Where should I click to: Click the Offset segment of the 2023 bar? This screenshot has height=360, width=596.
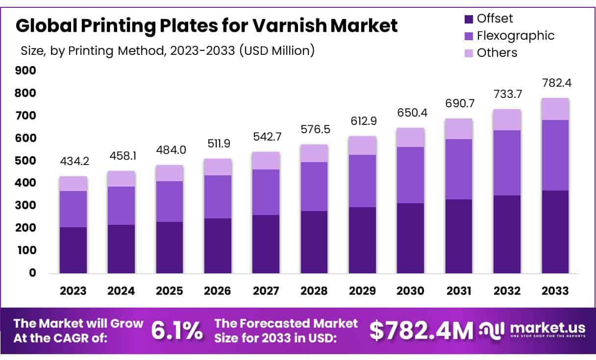[73, 250]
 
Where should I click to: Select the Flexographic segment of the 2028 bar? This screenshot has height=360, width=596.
[314, 187]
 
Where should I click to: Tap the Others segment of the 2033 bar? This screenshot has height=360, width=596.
[555, 109]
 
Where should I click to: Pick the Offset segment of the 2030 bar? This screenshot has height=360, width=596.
[410, 238]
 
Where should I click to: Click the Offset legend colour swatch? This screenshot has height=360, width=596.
[468, 19]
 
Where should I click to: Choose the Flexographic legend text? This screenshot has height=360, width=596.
[516, 35]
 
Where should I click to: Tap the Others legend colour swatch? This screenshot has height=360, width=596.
[468, 53]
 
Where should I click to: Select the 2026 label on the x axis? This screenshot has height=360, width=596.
[218, 290]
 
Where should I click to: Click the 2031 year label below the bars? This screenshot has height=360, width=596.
[458, 290]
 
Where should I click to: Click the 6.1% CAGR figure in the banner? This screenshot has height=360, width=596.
[176, 331]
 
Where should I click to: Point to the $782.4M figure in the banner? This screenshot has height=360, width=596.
[421, 331]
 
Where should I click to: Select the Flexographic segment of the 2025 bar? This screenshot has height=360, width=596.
[170, 201]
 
